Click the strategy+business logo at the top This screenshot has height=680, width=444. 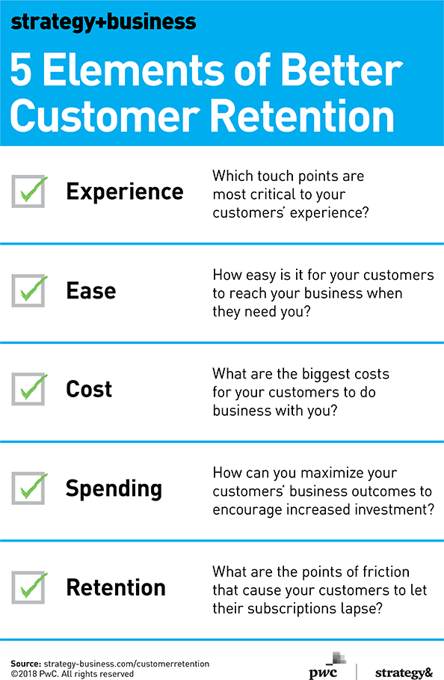tap(104, 22)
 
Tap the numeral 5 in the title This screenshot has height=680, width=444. tap(21, 70)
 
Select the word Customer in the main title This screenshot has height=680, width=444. tap(105, 116)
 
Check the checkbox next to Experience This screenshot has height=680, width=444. tap(28, 192)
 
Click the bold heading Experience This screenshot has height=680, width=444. tap(125, 192)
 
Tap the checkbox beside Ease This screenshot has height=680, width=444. tap(28, 290)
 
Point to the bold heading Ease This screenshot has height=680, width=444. tap(91, 290)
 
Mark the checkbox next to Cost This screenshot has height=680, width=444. tap(28, 389)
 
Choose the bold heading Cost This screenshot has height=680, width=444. tap(89, 389)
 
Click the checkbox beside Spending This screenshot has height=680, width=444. tap(28, 488)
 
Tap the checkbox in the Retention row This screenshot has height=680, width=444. tap(28, 587)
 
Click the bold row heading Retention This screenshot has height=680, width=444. tap(116, 588)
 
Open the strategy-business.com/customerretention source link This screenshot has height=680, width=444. tap(126, 664)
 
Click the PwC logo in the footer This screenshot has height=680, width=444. tap(328, 666)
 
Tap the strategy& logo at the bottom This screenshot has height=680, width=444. tap(404, 673)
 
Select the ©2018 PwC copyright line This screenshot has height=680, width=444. tap(73, 674)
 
